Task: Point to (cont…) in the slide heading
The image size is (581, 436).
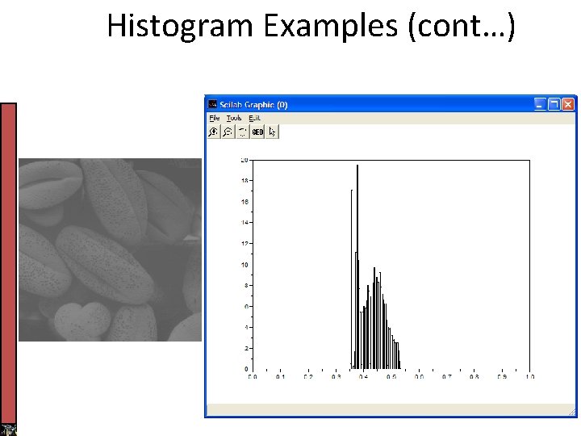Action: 463,27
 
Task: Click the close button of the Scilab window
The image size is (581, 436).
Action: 568,104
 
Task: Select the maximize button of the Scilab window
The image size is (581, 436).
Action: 554,104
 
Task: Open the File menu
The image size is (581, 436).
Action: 214,118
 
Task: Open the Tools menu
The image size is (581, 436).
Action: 234,118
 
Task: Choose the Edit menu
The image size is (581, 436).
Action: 254,118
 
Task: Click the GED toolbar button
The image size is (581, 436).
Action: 257,132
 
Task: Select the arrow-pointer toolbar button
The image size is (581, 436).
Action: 272,132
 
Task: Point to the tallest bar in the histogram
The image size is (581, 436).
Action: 357,242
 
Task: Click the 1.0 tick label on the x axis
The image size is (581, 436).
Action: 529,377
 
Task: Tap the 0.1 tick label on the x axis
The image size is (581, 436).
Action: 280,377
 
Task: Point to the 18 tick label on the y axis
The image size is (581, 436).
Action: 244,181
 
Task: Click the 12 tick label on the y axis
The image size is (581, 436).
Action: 244,243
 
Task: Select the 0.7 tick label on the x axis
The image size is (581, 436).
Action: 446,377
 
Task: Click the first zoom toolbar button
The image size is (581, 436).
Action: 214,132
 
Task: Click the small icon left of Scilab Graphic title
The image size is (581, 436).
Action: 212,104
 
